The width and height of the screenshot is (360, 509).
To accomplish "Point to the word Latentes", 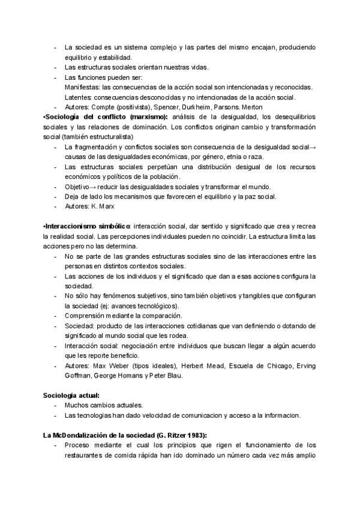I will pyautogui.click(x=78, y=97).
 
